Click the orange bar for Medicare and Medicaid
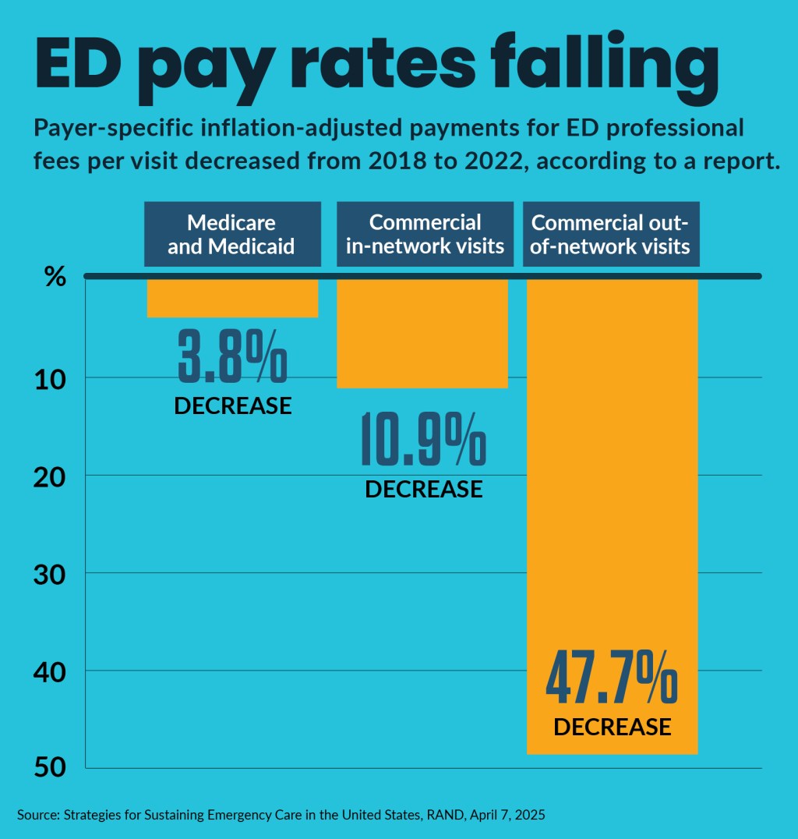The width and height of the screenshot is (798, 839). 232,298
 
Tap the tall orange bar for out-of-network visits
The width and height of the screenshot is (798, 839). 612,468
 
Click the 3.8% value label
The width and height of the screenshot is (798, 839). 232,356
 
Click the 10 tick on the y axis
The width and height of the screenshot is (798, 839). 50,378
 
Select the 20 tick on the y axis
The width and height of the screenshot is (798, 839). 50,476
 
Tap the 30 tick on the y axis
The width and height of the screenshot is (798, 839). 50,573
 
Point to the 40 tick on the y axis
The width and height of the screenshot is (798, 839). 50,671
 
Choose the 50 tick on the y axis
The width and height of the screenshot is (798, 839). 50,767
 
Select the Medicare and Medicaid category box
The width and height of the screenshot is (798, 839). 232,234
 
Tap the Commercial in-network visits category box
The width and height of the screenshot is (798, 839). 425,234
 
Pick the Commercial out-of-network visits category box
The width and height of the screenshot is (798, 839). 611,234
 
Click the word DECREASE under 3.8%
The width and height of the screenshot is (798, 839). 232,406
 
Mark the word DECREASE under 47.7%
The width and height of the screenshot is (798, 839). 612,727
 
